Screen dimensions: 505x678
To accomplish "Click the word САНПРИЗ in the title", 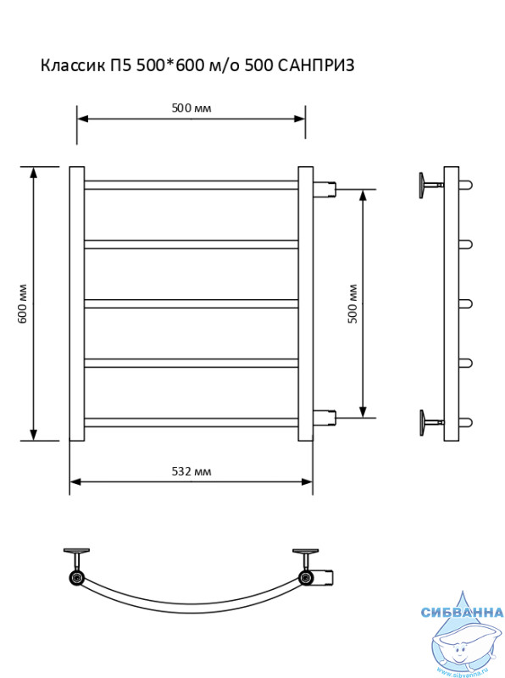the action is coord(315,65).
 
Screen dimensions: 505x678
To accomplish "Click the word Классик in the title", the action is coord(72,65).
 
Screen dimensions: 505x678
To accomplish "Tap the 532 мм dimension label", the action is coord(191,471).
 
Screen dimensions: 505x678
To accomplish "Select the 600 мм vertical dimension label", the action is coord(23,303).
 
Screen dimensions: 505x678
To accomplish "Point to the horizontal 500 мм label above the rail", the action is coord(191,108).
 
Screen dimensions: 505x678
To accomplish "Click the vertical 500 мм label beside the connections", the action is coord(352,303).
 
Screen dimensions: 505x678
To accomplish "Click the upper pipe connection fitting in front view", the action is coord(325,189).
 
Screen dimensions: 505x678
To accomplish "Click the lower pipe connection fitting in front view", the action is coord(325,418).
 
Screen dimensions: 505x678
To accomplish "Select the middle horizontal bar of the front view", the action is coord(191,303).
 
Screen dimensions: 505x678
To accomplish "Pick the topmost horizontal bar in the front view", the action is coord(191,185).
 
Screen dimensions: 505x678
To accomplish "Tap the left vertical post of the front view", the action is coord(77,303).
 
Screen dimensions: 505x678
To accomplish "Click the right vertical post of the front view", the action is coord(306,303).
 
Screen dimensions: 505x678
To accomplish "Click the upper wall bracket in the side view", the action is coord(431,185).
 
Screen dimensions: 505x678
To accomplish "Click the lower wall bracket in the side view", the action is coord(431,422).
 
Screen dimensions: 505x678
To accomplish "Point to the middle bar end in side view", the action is coord(466,304).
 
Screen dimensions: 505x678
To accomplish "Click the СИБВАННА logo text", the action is coord(462,612).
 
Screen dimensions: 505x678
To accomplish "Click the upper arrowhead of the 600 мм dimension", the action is coord(33,172).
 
